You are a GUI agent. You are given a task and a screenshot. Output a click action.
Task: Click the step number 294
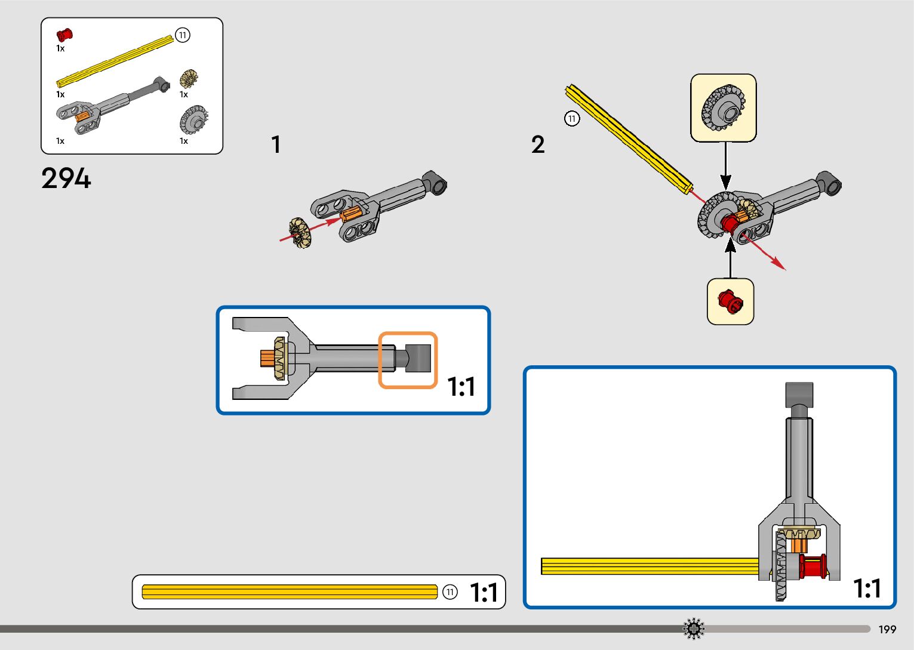pyautogui.click(x=66, y=178)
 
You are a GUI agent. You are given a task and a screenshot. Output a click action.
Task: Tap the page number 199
pyautogui.click(x=887, y=629)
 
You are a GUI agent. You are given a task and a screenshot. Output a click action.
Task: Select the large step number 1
pyautogui.click(x=276, y=144)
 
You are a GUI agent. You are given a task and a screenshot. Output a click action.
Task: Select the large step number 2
pyautogui.click(x=537, y=144)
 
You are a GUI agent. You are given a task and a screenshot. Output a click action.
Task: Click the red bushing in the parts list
pyautogui.click(x=64, y=35)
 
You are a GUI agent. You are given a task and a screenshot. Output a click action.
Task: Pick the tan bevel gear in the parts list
pyautogui.click(x=189, y=79)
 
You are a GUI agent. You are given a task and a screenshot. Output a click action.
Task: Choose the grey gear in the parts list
pyautogui.click(x=193, y=119)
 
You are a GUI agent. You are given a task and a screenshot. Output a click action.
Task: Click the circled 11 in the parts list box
pyautogui.click(x=183, y=35)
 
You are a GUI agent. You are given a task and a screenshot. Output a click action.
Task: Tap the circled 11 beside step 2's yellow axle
pyautogui.click(x=572, y=118)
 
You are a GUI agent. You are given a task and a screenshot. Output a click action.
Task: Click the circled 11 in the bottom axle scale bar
pyautogui.click(x=450, y=592)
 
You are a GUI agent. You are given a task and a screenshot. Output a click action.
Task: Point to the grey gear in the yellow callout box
pyautogui.click(x=723, y=107)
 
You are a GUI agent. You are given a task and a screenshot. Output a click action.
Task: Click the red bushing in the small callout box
pyautogui.click(x=730, y=301)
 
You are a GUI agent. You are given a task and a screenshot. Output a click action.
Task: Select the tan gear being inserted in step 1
pyautogui.click(x=300, y=232)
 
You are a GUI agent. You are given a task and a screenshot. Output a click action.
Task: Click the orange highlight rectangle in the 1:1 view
pyautogui.click(x=408, y=360)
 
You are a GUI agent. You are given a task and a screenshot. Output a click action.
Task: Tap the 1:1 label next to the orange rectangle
pyautogui.click(x=461, y=387)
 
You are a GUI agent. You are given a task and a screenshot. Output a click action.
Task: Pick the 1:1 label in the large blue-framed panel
pyautogui.click(x=867, y=588)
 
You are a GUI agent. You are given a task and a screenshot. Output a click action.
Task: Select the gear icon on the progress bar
pyautogui.click(x=694, y=629)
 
